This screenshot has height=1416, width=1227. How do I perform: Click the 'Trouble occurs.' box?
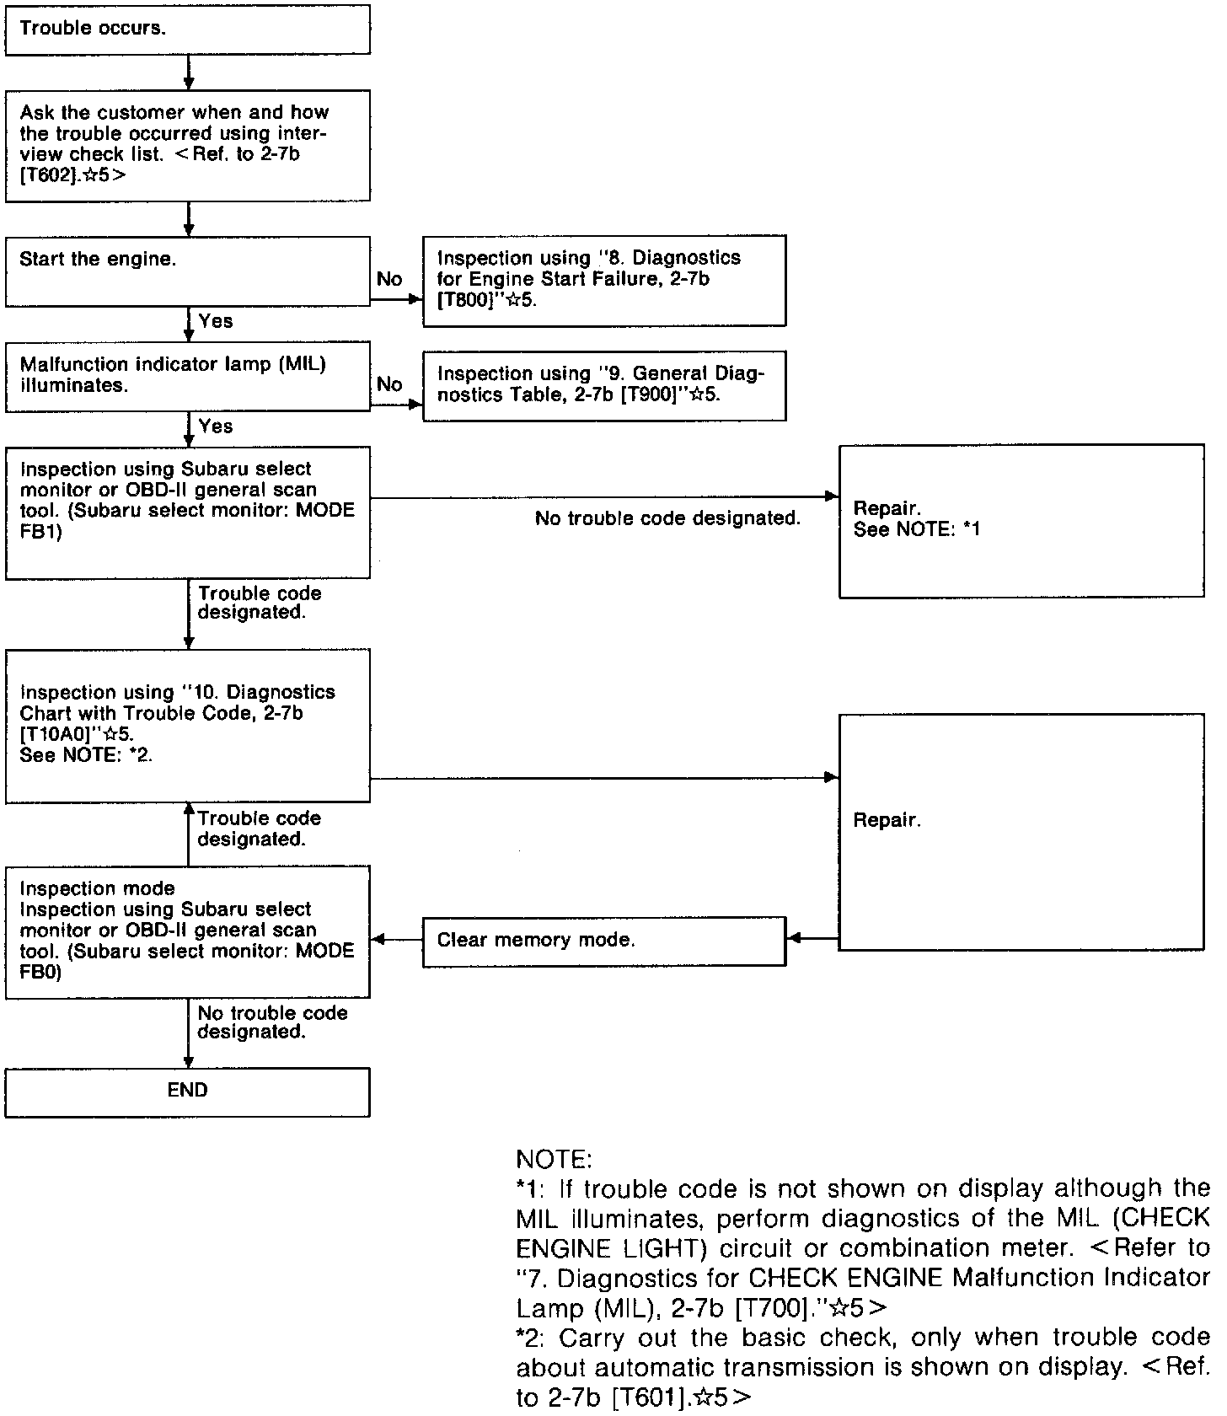pyautogui.click(x=187, y=29)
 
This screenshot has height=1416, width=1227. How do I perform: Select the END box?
pyautogui.click(x=187, y=1091)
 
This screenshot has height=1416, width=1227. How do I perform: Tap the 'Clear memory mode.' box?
pyautogui.click(x=603, y=941)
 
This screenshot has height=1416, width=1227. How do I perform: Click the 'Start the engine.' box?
pyautogui.click(x=187, y=271)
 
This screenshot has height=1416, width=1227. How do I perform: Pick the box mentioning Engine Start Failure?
pyautogui.click(x=603, y=281)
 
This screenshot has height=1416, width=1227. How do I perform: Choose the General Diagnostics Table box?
pyautogui.click(x=603, y=385)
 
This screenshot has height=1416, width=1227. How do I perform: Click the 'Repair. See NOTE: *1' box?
pyautogui.click(x=1021, y=521)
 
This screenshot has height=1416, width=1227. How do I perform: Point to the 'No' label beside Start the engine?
pyautogui.click(x=389, y=280)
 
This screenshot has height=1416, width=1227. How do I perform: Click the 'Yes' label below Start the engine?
pyautogui.click(x=216, y=321)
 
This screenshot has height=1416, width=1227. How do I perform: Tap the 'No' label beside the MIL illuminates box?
pyautogui.click(x=389, y=385)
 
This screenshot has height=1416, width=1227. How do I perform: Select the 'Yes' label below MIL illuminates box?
pyautogui.click(x=216, y=426)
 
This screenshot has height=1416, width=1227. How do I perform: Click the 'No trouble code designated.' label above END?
pyautogui.click(x=272, y=1022)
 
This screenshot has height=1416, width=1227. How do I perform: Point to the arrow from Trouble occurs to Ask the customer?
pyautogui.click(x=189, y=72)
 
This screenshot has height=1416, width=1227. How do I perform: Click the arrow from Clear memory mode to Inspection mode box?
pyautogui.click(x=396, y=939)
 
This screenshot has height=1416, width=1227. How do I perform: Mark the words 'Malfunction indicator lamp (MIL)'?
pyautogui.click(x=173, y=364)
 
